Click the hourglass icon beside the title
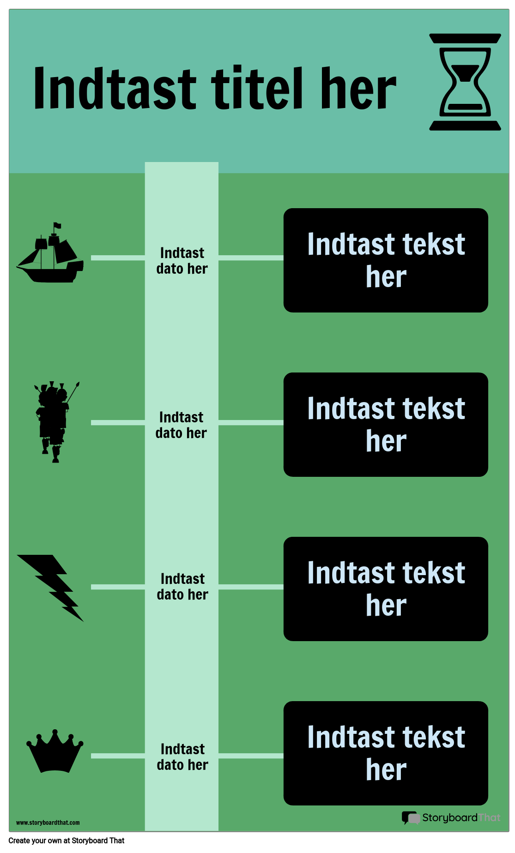click(x=465, y=82)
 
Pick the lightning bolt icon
click(x=50, y=588)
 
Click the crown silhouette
click(x=55, y=751)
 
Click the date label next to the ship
click(x=182, y=261)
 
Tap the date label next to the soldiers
click(x=181, y=425)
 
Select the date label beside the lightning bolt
click(x=182, y=587)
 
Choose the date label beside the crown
click(x=182, y=757)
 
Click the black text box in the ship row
click(x=386, y=260)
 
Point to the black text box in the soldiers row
click(x=386, y=425)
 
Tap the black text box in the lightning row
click(x=386, y=589)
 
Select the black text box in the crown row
click(x=386, y=753)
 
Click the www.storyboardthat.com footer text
click(x=48, y=823)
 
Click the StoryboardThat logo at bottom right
click(x=451, y=817)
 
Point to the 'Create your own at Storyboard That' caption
click(x=67, y=841)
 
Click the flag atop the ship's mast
click(x=57, y=225)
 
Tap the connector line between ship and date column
click(x=118, y=258)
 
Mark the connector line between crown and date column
click(x=118, y=756)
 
